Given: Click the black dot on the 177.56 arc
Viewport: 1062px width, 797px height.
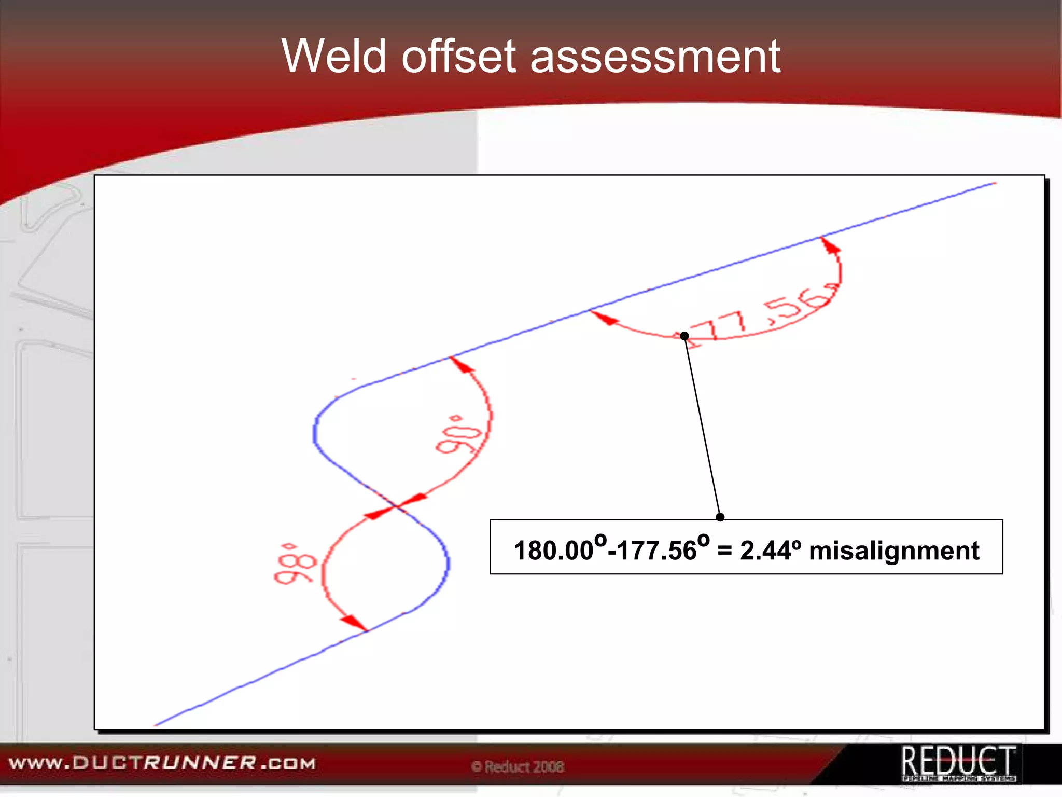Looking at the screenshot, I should (684, 336).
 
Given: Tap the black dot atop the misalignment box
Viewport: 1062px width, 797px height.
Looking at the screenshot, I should (720, 517).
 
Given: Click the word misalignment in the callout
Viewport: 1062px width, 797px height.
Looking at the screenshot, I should (894, 551).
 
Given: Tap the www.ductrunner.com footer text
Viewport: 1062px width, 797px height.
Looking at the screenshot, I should (162, 763).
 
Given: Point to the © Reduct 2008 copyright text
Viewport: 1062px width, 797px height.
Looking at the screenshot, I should (518, 766).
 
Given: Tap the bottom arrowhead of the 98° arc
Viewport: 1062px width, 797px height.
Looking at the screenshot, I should (354, 623).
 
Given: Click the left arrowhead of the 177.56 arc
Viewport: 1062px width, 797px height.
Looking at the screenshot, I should (604, 318).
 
